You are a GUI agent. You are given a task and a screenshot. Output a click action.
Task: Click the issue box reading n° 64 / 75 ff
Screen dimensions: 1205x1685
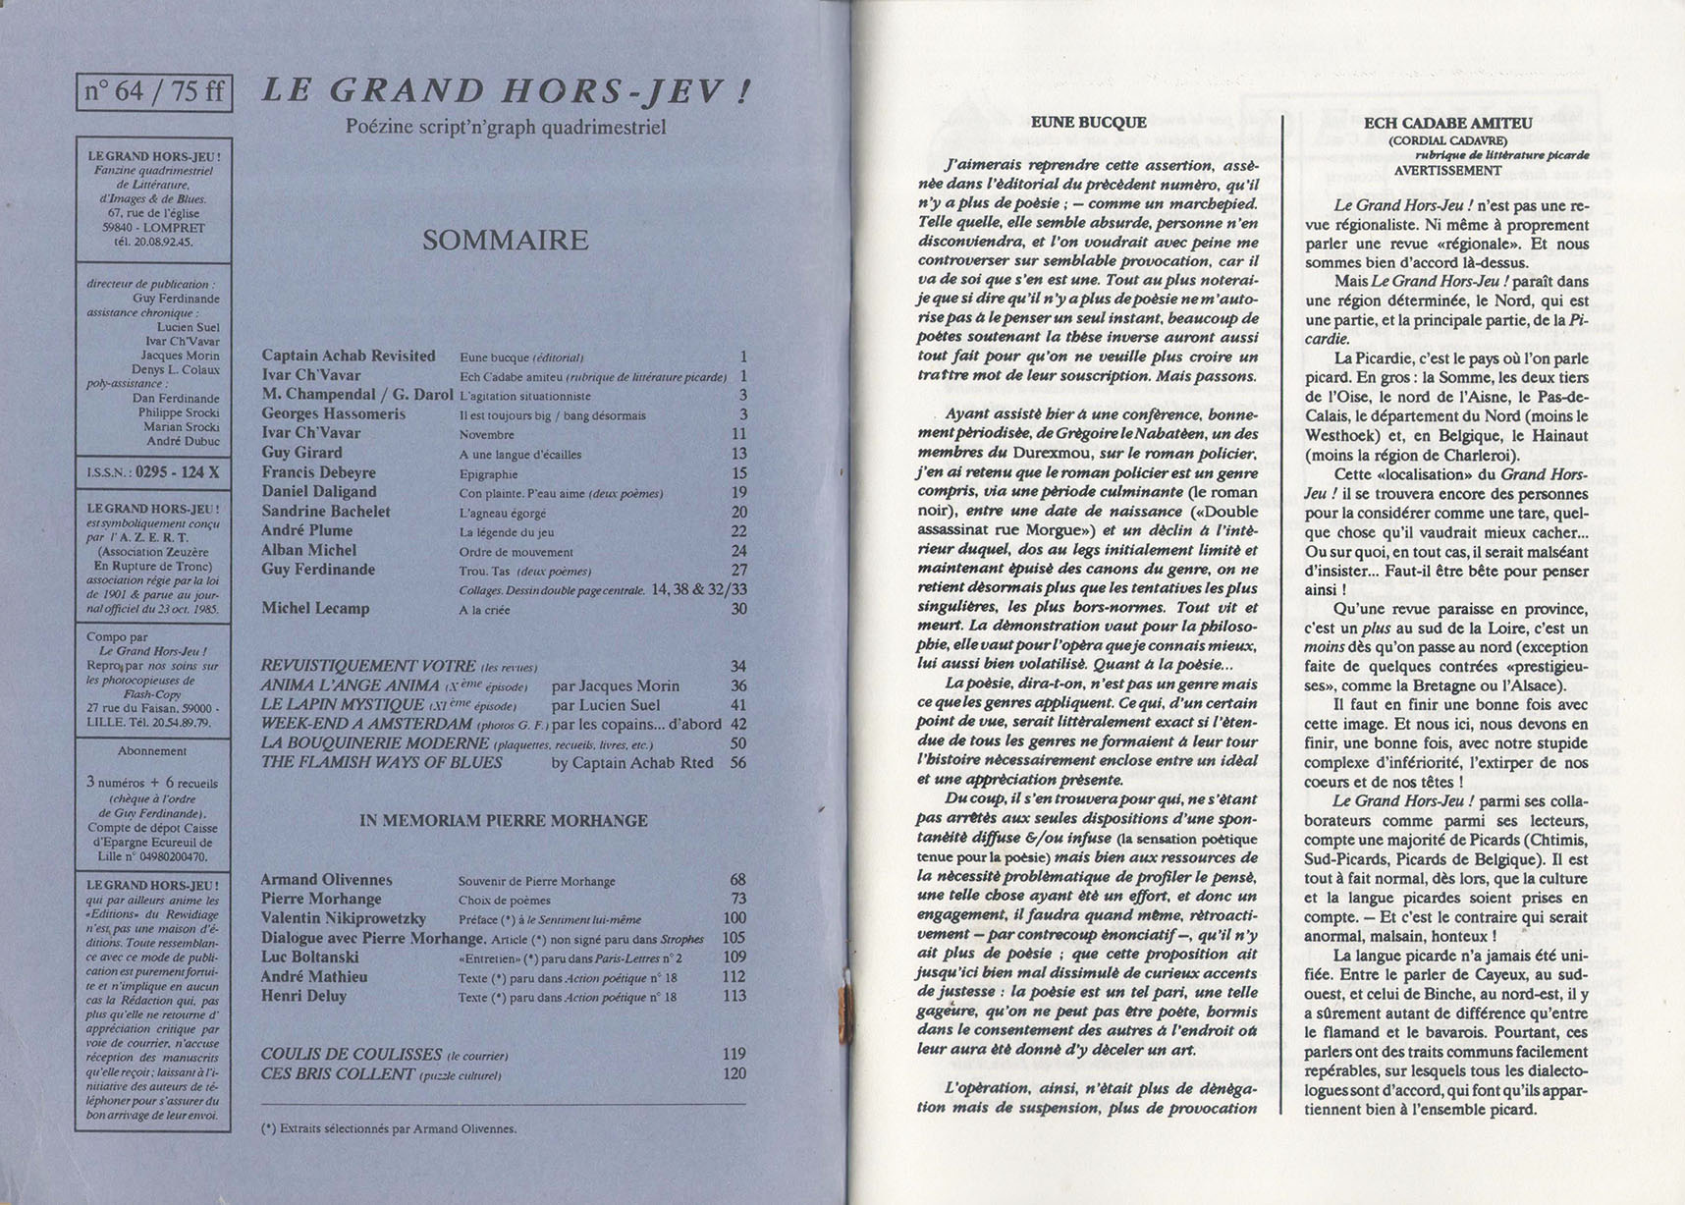tap(154, 92)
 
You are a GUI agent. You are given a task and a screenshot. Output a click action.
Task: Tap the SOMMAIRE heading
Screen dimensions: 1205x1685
tap(505, 241)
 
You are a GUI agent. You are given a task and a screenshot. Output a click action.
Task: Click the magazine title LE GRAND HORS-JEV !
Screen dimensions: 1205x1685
tap(506, 92)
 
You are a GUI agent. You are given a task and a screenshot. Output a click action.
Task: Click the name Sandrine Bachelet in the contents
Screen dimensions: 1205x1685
tap(326, 512)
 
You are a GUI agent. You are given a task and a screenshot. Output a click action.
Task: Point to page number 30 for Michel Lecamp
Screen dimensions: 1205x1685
tap(738, 609)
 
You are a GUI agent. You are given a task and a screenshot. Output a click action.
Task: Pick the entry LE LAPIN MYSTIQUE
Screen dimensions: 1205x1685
tap(344, 705)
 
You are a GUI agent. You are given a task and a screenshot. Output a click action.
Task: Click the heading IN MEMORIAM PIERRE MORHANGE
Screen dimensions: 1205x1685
tap(504, 821)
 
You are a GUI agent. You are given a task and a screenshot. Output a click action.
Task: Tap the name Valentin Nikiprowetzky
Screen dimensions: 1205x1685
tap(343, 918)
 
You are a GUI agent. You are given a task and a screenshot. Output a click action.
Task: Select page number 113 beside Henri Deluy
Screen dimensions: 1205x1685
tap(734, 996)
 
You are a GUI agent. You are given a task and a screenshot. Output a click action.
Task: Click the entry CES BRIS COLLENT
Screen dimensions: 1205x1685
tap(338, 1073)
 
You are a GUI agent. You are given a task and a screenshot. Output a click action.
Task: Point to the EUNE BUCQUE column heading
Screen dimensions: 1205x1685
tap(1088, 123)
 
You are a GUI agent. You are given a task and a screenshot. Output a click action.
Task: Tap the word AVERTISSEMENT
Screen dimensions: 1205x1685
tap(1447, 170)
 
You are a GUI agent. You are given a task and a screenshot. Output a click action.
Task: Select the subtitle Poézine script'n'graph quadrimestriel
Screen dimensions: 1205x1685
tap(506, 127)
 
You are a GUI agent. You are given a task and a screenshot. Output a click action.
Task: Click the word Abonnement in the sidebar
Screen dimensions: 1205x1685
tap(152, 751)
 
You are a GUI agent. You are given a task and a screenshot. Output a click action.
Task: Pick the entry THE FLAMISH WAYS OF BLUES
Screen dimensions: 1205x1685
tap(382, 762)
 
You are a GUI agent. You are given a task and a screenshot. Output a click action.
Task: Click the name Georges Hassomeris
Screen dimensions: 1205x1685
tap(333, 414)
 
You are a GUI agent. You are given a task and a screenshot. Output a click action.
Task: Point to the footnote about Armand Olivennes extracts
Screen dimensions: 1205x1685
tap(389, 1128)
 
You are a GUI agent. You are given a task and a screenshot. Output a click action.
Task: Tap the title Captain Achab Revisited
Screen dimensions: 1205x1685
tap(349, 356)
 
